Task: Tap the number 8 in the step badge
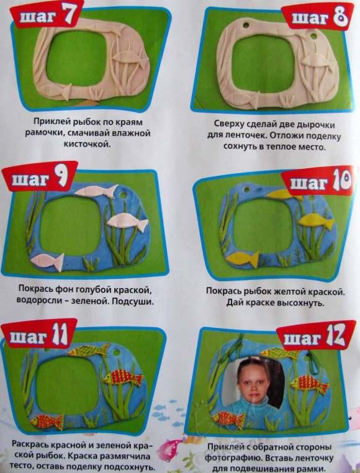(x=340, y=17)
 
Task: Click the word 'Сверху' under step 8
(x=228, y=125)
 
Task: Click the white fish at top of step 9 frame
(x=96, y=191)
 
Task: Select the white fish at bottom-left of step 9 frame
(x=47, y=261)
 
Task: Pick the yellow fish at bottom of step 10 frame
(x=242, y=258)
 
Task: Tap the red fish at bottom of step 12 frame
(x=228, y=419)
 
